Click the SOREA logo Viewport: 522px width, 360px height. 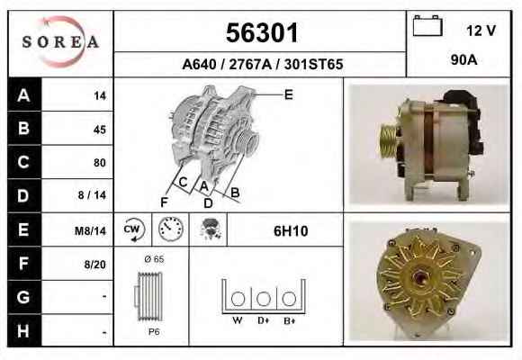pyautogui.click(x=60, y=42)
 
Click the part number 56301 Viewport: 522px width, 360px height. pyautogui.click(x=262, y=32)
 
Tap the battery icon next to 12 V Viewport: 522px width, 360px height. pyautogui.click(x=427, y=25)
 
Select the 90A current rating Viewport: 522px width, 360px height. pyautogui.click(x=463, y=60)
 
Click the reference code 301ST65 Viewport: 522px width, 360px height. pyautogui.click(x=313, y=64)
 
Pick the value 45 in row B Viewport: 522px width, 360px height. pyautogui.click(x=100, y=130)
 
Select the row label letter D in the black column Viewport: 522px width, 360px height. pyautogui.click(x=23, y=196)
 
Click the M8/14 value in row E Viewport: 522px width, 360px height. pyautogui.click(x=90, y=230)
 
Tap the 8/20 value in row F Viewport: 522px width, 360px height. pyautogui.click(x=94, y=265)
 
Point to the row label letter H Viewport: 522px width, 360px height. pyautogui.click(x=23, y=331)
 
